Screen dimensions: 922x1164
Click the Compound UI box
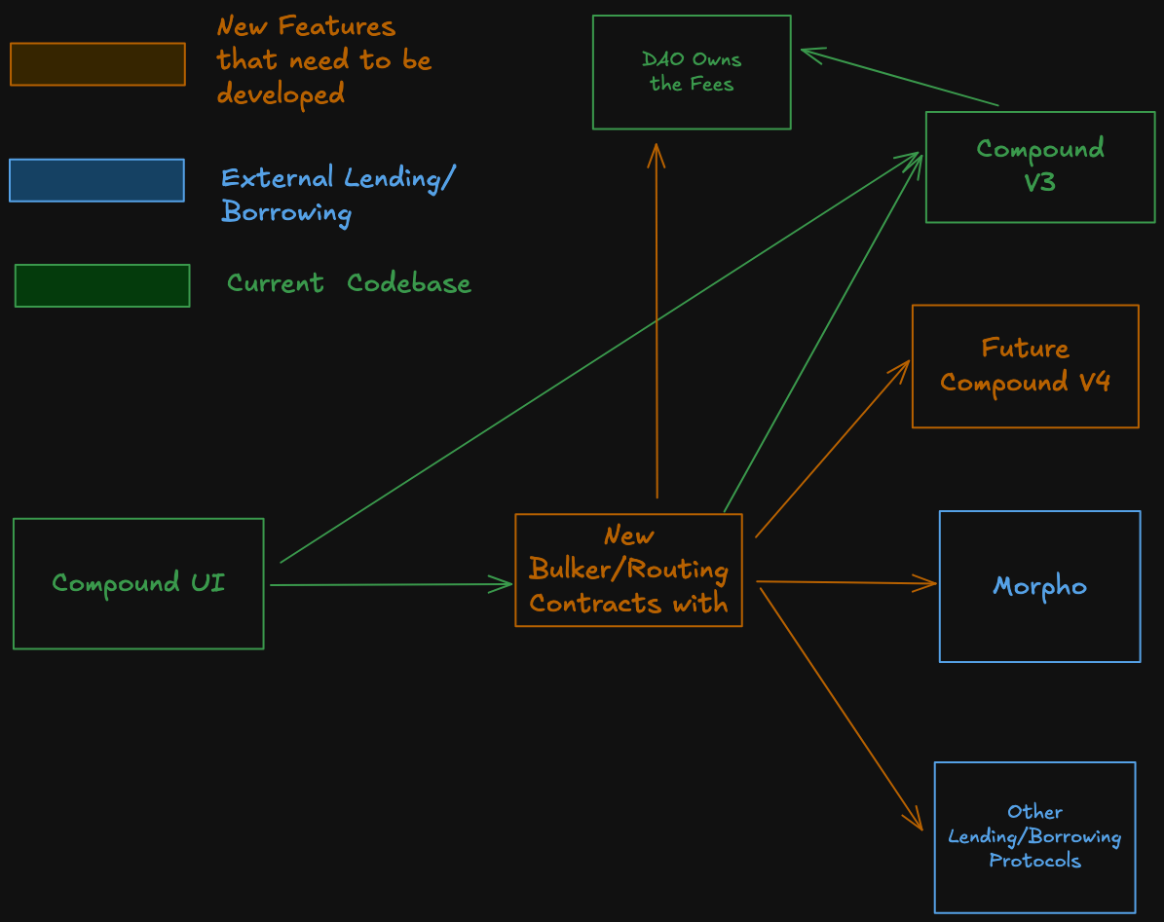click(138, 583)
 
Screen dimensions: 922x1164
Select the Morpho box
click(1039, 586)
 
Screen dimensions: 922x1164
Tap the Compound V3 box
click(1039, 166)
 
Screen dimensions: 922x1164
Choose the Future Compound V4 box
click(1025, 366)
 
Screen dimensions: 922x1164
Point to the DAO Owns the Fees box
click(692, 72)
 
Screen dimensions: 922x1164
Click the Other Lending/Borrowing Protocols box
click(1034, 836)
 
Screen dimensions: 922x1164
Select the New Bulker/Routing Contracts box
click(628, 570)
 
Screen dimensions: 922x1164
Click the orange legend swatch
click(97, 64)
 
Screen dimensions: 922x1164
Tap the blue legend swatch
click(96, 180)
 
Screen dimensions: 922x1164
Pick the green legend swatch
click(102, 285)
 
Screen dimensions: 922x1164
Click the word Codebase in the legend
click(409, 283)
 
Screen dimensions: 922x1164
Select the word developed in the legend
click(281, 94)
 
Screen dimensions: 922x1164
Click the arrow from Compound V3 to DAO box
click(900, 78)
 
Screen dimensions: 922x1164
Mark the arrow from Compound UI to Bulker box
click(390, 584)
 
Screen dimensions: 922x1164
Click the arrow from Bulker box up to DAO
click(657, 321)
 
